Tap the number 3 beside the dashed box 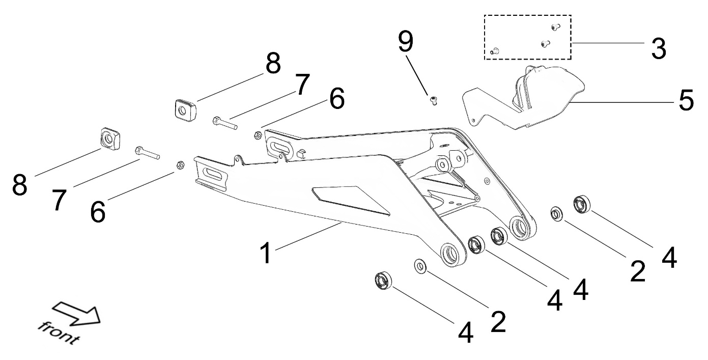[658, 48]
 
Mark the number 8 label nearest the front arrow [20, 185]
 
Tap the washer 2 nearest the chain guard [557, 214]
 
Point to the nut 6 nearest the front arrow [179, 164]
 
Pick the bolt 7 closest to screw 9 [223, 123]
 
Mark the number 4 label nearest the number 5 [669, 257]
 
